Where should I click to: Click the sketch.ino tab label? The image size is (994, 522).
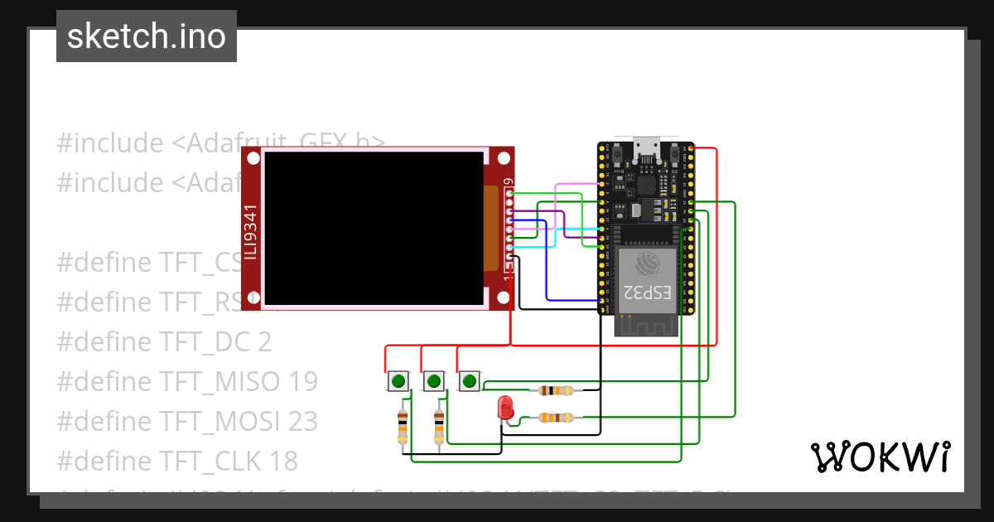(x=146, y=36)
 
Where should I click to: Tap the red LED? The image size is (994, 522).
(x=504, y=408)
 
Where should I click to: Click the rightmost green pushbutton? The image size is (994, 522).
(x=469, y=381)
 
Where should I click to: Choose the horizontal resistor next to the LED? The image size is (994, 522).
(x=555, y=418)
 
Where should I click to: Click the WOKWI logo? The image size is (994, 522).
(x=880, y=457)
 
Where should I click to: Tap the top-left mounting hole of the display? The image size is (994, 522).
(x=253, y=158)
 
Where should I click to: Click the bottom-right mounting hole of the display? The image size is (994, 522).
(x=503, y=297)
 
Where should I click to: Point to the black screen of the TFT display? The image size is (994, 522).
(x=373, y=228)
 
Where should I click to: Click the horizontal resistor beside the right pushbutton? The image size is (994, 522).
(x=555, y=390)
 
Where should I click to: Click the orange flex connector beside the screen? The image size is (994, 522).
(x=490, y=228)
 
